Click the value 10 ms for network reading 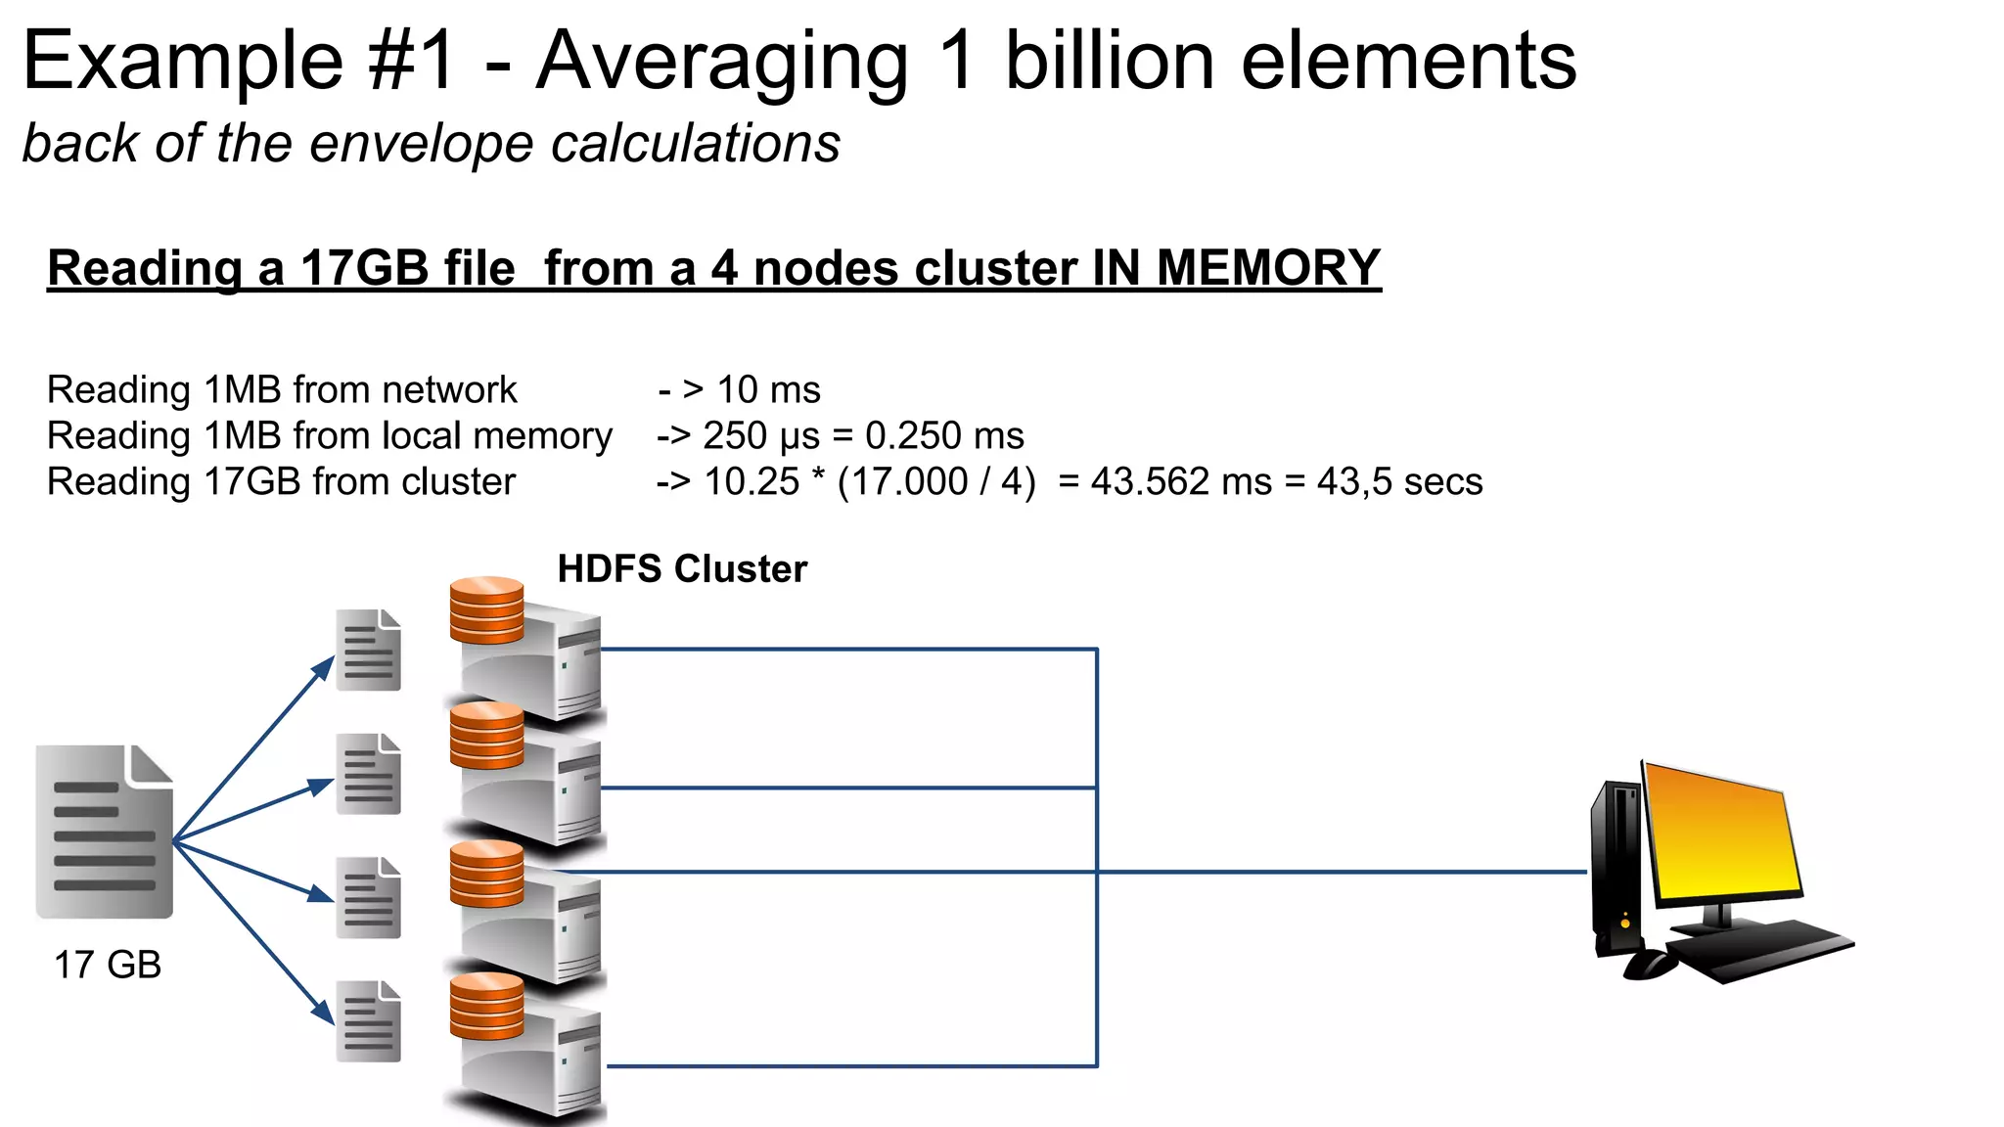(x=768, y=389)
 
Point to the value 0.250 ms (x=943, y=435)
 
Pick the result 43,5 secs (x=1399, y=481)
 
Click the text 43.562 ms (x=1181, y=481)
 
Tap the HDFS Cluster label (x=682, y=568)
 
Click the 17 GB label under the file (x=107, y=965)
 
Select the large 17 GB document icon (x=105, y=832)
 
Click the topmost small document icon (x=368, y=650)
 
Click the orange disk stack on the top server (x=486, y=609)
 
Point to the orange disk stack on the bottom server (x=486, y=1005)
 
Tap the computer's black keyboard (x=1761, y=949)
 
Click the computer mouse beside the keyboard (x=1651, y=965)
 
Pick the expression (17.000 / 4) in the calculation (x=936, y=481)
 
